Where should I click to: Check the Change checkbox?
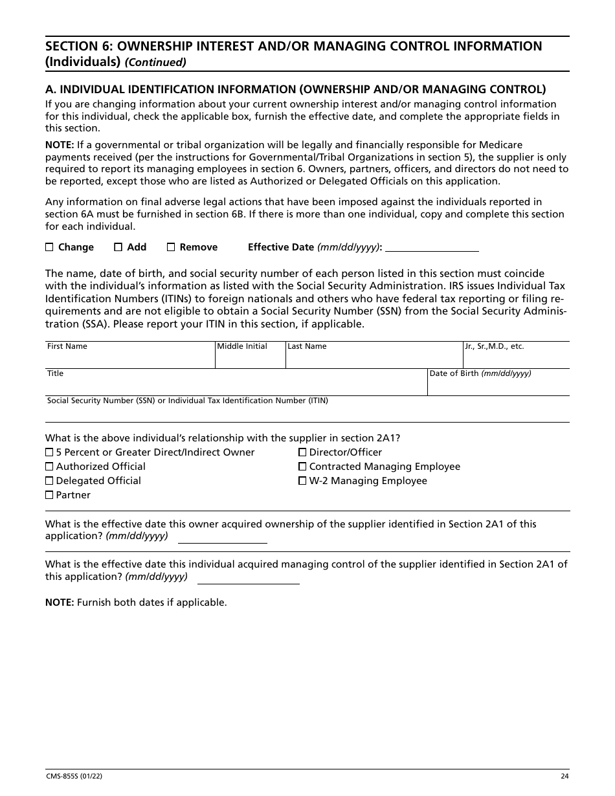(50, 247)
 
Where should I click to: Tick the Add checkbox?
(118, 247)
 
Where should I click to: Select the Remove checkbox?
(171, 247)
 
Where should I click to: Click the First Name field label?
(67, 347)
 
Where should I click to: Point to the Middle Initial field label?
(242, 347)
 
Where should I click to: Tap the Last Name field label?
(307, 347)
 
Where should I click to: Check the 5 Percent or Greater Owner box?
(49, 452)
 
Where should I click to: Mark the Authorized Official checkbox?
(49, 467)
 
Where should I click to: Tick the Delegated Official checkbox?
(49, 481)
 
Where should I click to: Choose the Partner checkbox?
(49, 495)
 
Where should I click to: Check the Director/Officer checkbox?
(302, 452)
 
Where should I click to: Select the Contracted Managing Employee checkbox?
(302, 467)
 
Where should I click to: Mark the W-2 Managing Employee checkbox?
(302, 481)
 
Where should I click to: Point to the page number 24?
(565, 777)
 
